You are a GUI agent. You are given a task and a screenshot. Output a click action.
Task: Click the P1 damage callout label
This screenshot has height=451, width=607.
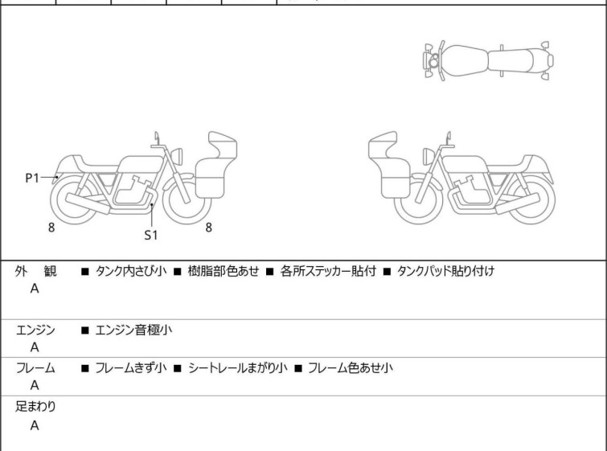click(x=32, y=178)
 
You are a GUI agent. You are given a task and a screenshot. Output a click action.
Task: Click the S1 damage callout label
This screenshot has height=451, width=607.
click(x=151, y=235)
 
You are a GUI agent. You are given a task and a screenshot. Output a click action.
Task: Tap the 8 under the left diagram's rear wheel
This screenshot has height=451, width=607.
click(x=51, y=228)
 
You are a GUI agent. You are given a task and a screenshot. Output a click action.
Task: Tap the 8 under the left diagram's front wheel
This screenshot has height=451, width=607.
click(x=209, y=228)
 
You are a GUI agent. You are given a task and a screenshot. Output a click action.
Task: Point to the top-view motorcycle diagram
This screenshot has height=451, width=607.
click(x=488, y=61)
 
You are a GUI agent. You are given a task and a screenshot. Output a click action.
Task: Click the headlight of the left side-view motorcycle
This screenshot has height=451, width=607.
click(x=177, y=156)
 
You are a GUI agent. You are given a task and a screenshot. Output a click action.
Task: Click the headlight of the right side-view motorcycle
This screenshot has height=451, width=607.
click(x=429, y=156)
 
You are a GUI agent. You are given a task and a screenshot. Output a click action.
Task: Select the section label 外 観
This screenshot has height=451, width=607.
click(x=35, y=271)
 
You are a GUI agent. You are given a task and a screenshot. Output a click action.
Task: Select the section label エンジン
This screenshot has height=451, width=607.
click(x=35, y=330)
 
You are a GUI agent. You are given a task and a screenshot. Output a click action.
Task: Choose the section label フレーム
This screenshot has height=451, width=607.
click(x=35, y=367)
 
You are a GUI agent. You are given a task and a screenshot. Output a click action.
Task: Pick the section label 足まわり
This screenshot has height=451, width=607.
click(x=35, y=407)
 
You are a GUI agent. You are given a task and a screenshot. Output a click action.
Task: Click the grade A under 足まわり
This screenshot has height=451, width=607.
click(x=35, y=425)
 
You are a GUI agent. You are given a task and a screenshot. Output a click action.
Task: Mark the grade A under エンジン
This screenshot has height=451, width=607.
click(x=35, y=347)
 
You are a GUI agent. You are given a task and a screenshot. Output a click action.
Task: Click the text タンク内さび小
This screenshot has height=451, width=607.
click(x=131, y=271)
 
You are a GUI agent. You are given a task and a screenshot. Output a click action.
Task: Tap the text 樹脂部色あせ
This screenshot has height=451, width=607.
click(x=224, y=271)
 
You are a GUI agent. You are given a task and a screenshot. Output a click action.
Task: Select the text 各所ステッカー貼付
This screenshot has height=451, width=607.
click(x=328, y=271)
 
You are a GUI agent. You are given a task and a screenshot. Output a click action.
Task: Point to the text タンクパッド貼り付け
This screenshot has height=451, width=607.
click(x=445, y=271)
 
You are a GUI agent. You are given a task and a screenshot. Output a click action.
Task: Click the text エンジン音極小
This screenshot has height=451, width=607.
click(x=133, y=330)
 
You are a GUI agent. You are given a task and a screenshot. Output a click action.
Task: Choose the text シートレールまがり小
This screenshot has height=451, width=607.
click(x=238, y=367)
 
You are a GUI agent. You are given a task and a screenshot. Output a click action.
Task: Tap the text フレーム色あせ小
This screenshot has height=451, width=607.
click(x=351, y=367)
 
